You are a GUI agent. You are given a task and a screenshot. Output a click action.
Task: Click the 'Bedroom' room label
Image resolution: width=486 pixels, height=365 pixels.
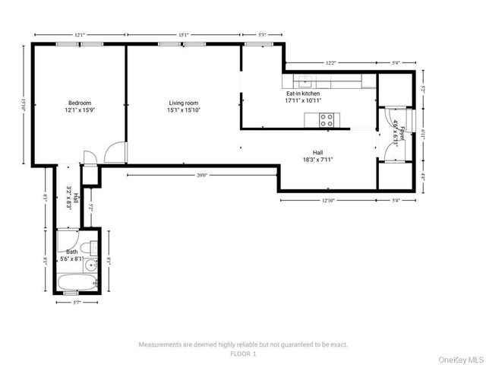point(80,103)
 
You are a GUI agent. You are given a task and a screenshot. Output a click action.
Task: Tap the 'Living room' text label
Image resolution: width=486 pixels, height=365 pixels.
point(183,103)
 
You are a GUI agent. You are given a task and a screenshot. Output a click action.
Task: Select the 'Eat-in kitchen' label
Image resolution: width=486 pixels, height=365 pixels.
point(303,93)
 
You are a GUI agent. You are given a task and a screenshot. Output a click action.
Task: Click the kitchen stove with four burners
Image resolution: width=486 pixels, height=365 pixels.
point(327,119)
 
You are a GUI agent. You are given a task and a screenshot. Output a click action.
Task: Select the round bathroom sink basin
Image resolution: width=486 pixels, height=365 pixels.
point(90,265)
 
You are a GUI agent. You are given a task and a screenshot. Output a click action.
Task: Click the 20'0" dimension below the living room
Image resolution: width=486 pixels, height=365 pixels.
point(201,175)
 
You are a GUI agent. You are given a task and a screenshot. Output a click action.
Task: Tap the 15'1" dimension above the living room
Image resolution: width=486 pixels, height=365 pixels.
point(184,34)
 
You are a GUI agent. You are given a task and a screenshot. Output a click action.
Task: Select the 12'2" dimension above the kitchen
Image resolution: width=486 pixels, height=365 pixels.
point(330,63)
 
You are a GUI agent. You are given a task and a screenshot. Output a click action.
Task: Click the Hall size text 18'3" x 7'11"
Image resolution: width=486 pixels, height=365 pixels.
point(317,160)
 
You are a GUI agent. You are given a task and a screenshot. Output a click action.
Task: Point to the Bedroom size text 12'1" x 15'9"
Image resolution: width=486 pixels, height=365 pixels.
point(80,110)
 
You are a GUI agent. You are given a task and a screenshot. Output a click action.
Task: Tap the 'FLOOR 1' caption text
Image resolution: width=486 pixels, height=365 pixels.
point(244,354)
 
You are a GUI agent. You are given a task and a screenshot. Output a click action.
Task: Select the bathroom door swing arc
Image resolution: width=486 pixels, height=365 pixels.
point(66,235)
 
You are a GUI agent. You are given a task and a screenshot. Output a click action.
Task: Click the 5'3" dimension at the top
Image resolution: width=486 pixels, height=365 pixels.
point(263,34)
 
